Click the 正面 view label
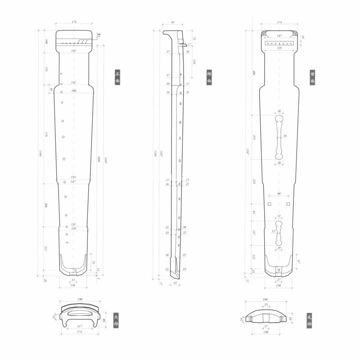117,77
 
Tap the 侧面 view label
209,77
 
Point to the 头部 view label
116,320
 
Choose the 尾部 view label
309,320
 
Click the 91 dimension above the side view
172,22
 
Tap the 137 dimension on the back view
279,36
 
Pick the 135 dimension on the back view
279,48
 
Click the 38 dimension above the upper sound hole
279,111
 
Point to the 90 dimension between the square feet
279,194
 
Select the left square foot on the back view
269,204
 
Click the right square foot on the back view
288,204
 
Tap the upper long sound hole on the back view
279,137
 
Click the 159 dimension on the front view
73,177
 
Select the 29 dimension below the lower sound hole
279,248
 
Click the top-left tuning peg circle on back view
265,34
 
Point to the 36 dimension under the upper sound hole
279,163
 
